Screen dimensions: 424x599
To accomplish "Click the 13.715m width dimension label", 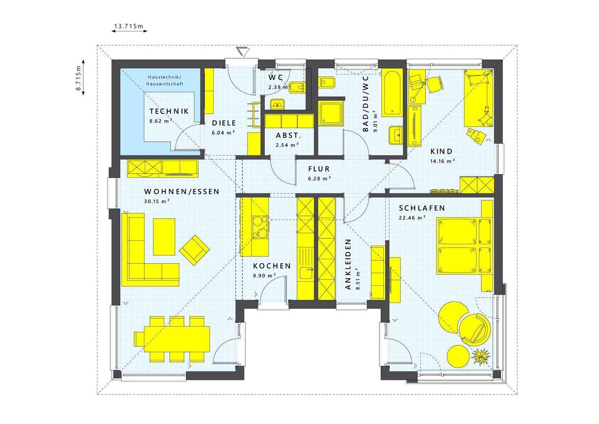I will click(x=128, y=27).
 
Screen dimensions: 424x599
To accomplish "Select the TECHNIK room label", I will click(x=169, y=112).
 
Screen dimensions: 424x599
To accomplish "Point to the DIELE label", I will click(x=224, y=123).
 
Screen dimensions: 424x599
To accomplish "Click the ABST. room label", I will click(x=288, y=136).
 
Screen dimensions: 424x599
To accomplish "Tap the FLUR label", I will click(x=319, y=169).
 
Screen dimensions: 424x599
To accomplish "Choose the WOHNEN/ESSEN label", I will click(x=181, y=192).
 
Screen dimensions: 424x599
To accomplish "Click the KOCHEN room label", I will click(x=272, y=266).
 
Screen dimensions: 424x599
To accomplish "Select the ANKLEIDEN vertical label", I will click(x=348, y=264).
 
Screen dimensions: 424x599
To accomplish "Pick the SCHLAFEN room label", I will click(x=422, y=208).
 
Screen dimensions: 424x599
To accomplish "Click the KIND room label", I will click(x=441, y=151).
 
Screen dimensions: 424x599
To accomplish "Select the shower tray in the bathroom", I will click(x=332, y=114).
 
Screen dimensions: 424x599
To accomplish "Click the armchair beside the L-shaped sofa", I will click(x=194, y=249).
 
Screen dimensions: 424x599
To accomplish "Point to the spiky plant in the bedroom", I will click(x=481, y=357).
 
